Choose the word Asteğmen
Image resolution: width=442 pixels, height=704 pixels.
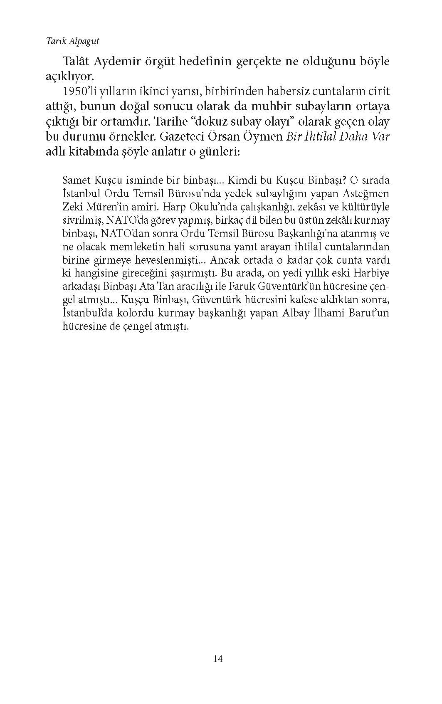tap(367, 194)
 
